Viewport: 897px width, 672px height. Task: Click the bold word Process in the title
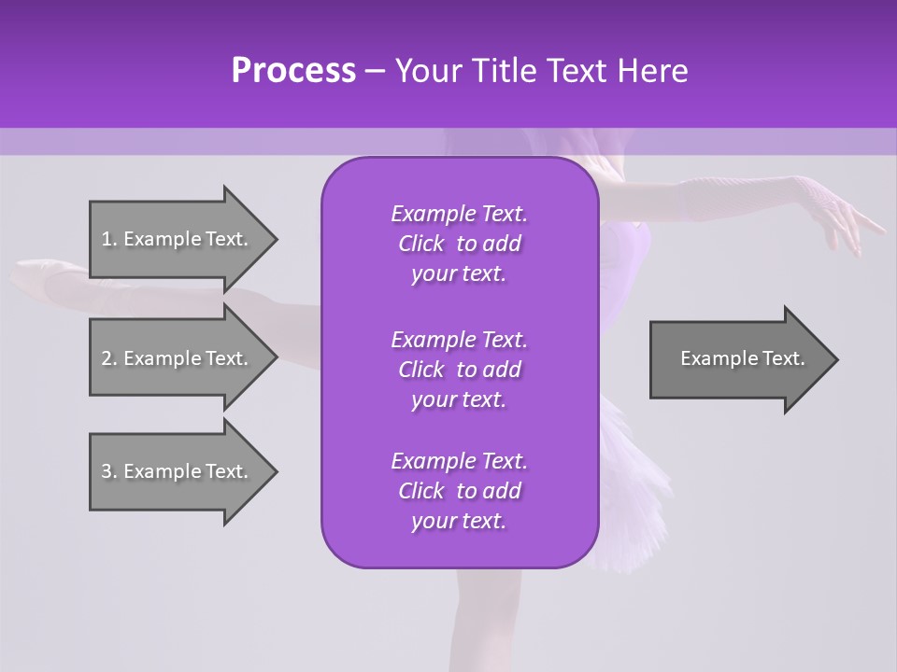[x=293, y=71]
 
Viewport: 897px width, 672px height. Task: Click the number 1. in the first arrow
[x=109, y=239]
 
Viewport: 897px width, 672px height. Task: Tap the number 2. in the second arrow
[x=109, y=358]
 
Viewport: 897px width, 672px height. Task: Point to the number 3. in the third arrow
[x=109, y=471]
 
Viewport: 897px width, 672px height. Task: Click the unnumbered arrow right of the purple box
[x=743, y=358]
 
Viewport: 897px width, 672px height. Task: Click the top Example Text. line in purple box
[x=459, y=214]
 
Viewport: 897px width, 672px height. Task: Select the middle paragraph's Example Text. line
[x=459, y=339]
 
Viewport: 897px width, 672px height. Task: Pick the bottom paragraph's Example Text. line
[x=459, y=461]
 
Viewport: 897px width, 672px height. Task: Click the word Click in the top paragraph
[x=420, y=244]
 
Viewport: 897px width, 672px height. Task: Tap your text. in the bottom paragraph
[x=459, y=521]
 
